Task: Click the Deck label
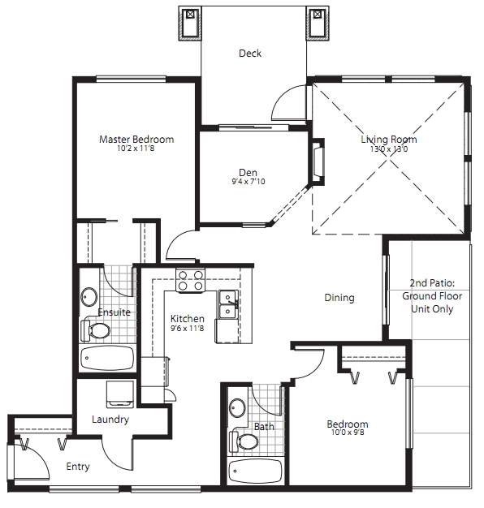pyautogui.click(x=250, y=53)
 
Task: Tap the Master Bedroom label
pyautogui.click(x=136, y=140)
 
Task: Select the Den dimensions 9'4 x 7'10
pyautogui.click(x=248, y=182)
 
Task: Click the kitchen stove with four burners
pyautogui.click(x=191, y=280)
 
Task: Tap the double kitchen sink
pyautogui.click(x=228, y=304)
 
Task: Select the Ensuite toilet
pyautogui.click(x=95, y=330)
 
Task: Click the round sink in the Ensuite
pyautogui.click(x=89, y=296)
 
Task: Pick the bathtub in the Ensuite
pyautogui.click(x=107, y=358)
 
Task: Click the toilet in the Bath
pyautogui.click(x=244, y=441)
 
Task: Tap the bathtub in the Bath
pyautogui.click(x=254, y=471)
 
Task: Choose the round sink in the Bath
pyautogui.click(x=238, y=407)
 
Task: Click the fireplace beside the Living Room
pyautogui.click(x=318, y=162)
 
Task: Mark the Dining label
pyautogui.click(x=339, y=298)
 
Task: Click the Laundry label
pyautogui.click(x=110, y=420)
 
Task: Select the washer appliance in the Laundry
pyautogui.click(x=120, y=394)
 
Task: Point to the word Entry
pyautogui.click(x=78, y=467)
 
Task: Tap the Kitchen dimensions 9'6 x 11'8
pyautogui.click(x=188, y=328)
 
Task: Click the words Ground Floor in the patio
pyautogui.click(x=432, y=296)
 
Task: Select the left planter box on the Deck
pyautogui.click(x=190, y=24)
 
